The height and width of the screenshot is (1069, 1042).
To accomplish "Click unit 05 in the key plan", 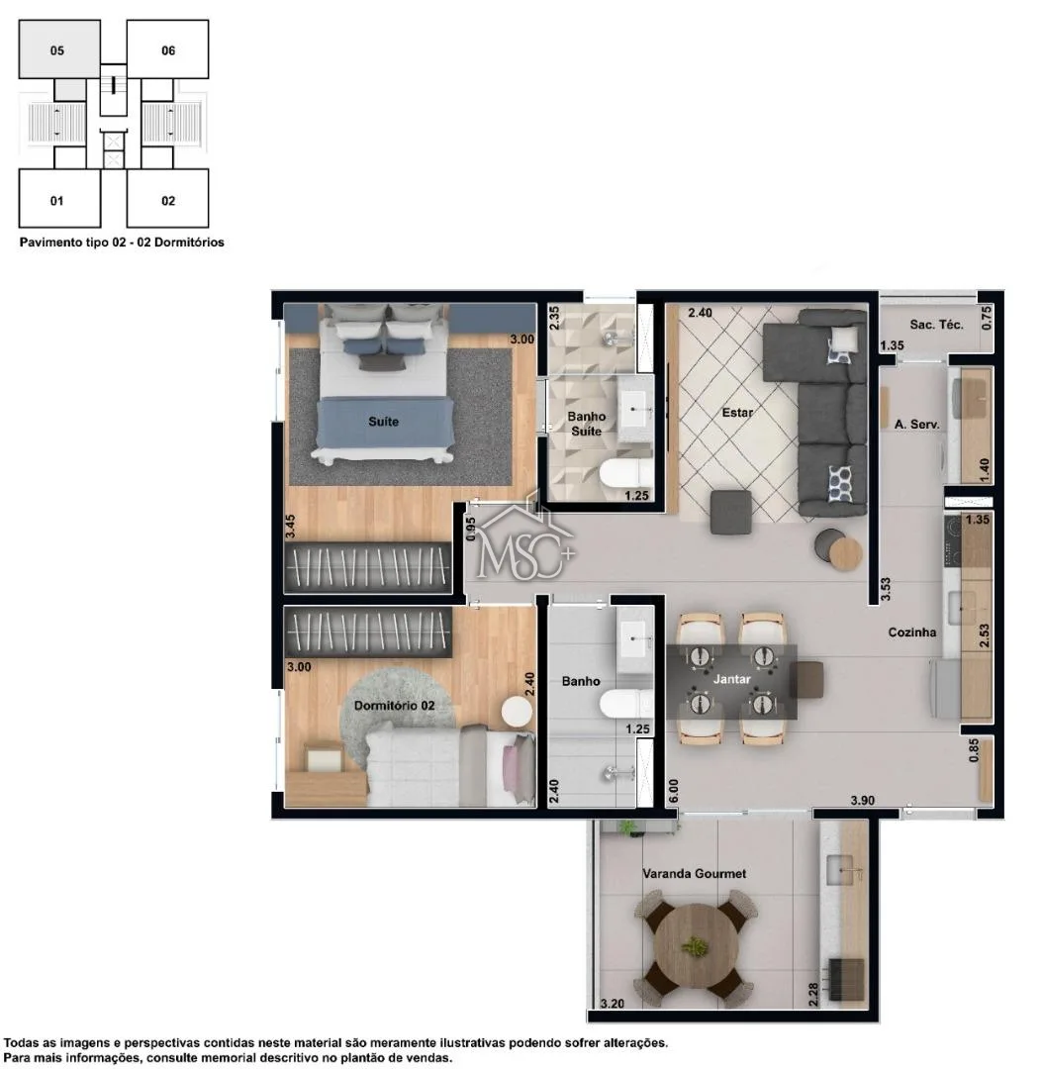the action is point(59,49).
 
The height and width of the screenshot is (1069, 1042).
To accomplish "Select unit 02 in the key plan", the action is point(167,198).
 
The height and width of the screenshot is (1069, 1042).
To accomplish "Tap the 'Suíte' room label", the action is point(383,422).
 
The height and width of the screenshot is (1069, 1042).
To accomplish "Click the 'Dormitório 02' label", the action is point(394,706).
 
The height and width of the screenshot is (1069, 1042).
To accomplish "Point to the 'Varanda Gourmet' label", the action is point(695,873).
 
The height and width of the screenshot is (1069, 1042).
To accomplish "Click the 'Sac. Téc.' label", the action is point(936,325).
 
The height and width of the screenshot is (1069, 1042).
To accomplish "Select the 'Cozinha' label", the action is point(911,632).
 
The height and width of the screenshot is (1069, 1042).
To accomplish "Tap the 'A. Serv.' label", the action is point(916,424).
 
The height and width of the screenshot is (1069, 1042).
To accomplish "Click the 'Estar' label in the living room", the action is point(737,413).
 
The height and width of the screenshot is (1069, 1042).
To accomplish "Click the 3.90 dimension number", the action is point(862,801).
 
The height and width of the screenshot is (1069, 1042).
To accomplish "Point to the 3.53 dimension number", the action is point(886,589).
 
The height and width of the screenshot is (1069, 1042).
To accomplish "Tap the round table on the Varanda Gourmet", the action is point(695,946).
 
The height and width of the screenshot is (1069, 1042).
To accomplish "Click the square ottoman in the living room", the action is point(730,512).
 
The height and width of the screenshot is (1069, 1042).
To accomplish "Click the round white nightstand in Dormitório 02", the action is point(517,713).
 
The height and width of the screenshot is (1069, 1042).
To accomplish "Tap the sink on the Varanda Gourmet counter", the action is point(844,870).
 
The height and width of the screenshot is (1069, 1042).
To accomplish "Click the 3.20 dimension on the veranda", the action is point(612,1003).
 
